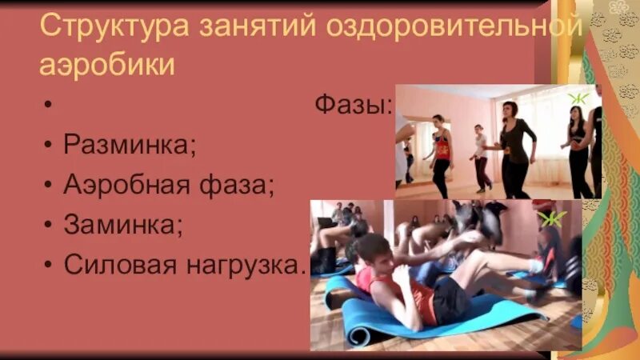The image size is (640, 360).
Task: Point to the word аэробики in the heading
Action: [107, 62]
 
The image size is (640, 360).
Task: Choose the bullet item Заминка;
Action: [123, 225]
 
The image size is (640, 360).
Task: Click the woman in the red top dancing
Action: [441, 153]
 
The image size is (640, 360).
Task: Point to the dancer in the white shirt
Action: [481, 156]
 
